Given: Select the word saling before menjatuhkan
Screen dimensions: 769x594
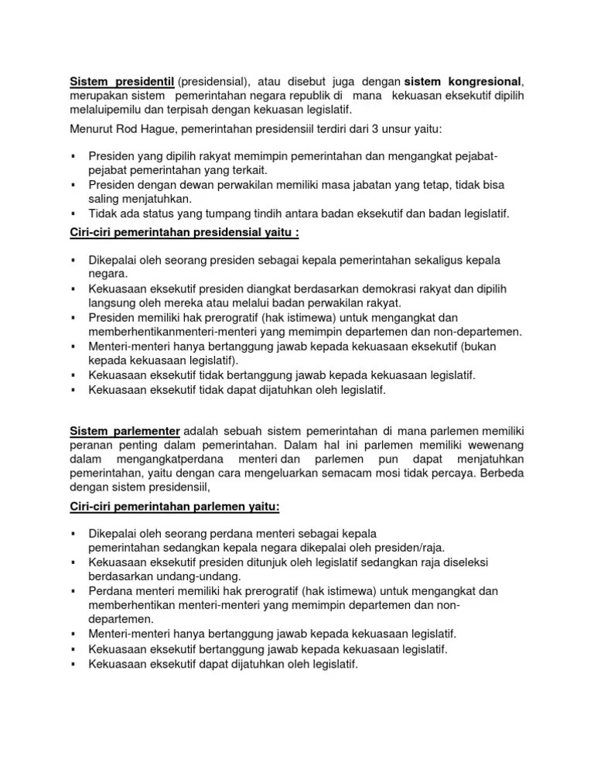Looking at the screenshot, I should [x=104, y=199].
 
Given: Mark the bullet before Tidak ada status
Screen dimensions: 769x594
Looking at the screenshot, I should [x=72, y=214].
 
